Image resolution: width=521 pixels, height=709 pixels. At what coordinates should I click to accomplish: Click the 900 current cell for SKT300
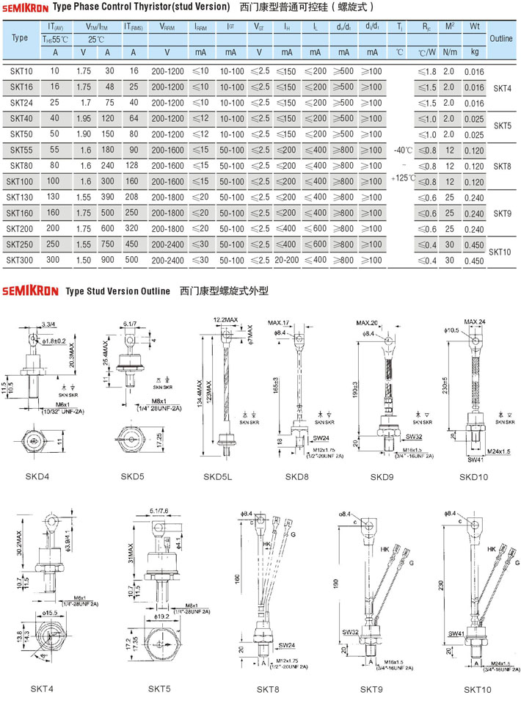tap(108, 260)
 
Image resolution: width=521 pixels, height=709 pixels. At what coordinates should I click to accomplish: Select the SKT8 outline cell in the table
tap(503, 166)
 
